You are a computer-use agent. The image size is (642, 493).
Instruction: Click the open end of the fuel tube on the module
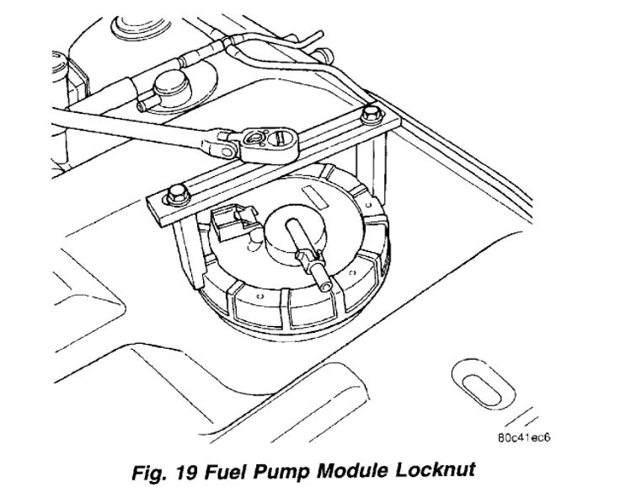291,226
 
